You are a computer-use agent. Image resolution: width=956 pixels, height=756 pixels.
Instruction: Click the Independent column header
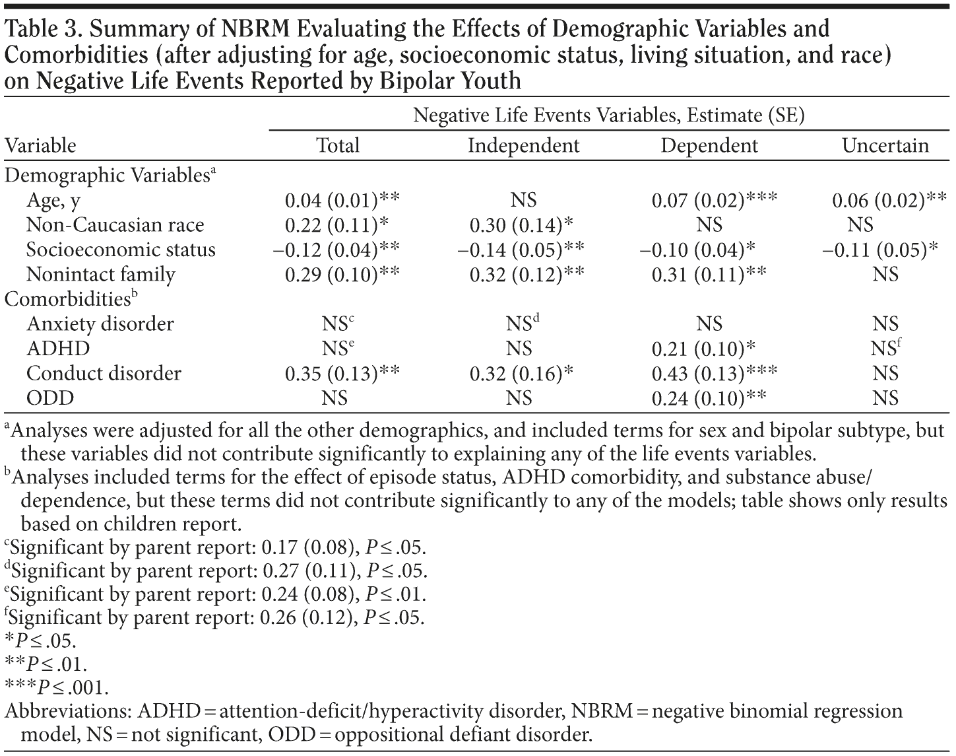(x=523, y=145)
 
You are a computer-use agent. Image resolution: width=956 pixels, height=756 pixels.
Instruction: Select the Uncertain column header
(x=885, y=145)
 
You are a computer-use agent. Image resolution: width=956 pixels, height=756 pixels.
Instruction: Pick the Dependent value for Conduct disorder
(x=715, y=374)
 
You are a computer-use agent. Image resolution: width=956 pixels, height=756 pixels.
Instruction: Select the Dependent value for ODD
(x=709, y=398)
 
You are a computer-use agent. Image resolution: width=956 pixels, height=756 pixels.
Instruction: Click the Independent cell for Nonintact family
(x=526, y=275)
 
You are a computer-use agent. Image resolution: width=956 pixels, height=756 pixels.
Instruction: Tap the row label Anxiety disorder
(x=100, y=324)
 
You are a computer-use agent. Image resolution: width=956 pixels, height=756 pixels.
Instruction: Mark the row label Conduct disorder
(x=104, y=374)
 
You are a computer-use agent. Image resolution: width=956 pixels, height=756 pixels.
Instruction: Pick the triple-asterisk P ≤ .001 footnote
(x=56, y=687)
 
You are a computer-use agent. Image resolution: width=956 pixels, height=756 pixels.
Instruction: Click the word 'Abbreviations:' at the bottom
(x=68, y=712)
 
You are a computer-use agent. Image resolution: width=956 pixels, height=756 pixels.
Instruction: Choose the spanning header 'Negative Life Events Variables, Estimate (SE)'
(x=608, y=116)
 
